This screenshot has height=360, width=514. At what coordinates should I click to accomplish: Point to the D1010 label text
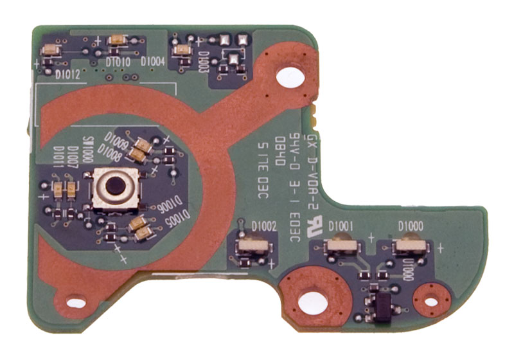[x=119, y=62]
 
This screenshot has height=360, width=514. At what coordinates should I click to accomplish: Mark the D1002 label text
[x=264, y=226]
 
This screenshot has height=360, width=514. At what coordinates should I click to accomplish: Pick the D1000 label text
[x=410, y=226]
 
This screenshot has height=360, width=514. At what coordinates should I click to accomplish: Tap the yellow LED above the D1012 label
[x=51, y=50]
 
